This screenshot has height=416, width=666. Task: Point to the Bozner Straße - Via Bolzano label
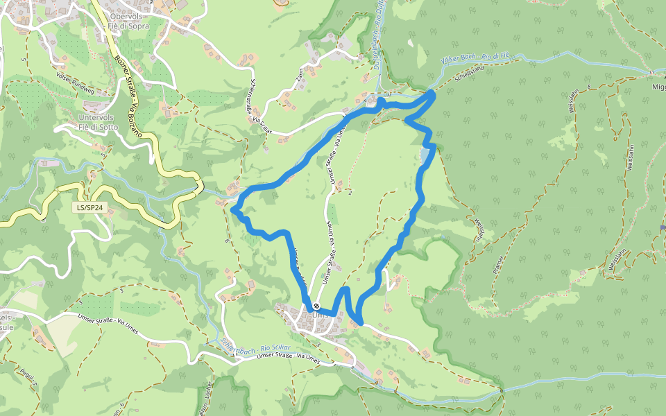[126, 91]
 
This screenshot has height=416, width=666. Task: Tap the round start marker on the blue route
[316, 306]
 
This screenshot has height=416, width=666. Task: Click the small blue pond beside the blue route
[425, 158]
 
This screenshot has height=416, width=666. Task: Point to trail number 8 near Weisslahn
[589, 88]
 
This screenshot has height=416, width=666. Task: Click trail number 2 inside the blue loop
[350, 192]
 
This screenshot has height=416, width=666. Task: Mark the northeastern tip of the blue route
[434, 94]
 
